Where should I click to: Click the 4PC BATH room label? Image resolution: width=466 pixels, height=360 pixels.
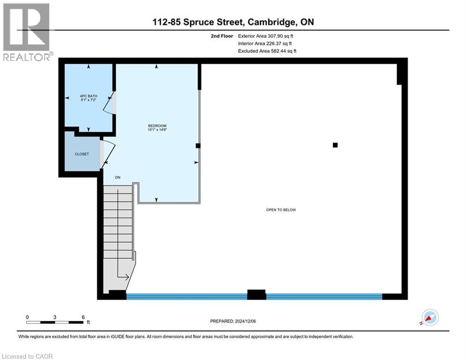89,97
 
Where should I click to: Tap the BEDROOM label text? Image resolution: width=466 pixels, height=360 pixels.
157,126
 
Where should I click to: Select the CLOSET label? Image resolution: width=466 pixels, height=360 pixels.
82,154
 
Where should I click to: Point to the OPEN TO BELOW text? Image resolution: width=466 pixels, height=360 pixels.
281,210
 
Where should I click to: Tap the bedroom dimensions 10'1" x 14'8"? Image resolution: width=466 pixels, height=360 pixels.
157,130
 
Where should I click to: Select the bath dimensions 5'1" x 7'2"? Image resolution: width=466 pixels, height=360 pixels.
89,101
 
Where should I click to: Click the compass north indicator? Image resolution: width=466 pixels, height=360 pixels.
429,317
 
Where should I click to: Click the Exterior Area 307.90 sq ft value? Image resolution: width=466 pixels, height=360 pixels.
267,36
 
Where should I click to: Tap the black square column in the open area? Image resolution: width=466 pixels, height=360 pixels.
335,145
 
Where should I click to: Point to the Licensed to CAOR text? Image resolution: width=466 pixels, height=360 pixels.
27,356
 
